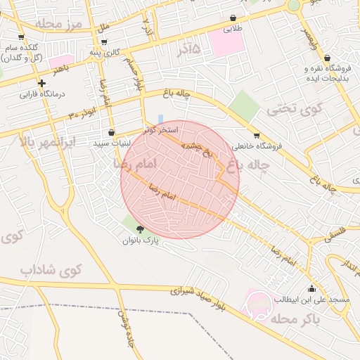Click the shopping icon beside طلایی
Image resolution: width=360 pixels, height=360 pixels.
tap(233, 18)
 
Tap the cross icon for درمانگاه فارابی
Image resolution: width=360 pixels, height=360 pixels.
tap(42, 83)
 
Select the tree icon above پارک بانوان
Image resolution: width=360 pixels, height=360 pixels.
tap(139, 229)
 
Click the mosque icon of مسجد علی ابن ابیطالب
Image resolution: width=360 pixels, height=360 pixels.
tap(311, 288)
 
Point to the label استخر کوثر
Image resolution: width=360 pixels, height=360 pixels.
tap(161, 130)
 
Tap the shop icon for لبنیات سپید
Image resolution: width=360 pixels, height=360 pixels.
tap(111, 132)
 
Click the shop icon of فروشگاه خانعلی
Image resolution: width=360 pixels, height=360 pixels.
tap(256, 136)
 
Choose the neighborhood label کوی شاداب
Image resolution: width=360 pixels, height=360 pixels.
tap(51, 269)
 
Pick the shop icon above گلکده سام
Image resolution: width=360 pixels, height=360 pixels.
tap(21, 37)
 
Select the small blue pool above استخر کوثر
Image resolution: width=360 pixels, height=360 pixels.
tap(161, 119)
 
